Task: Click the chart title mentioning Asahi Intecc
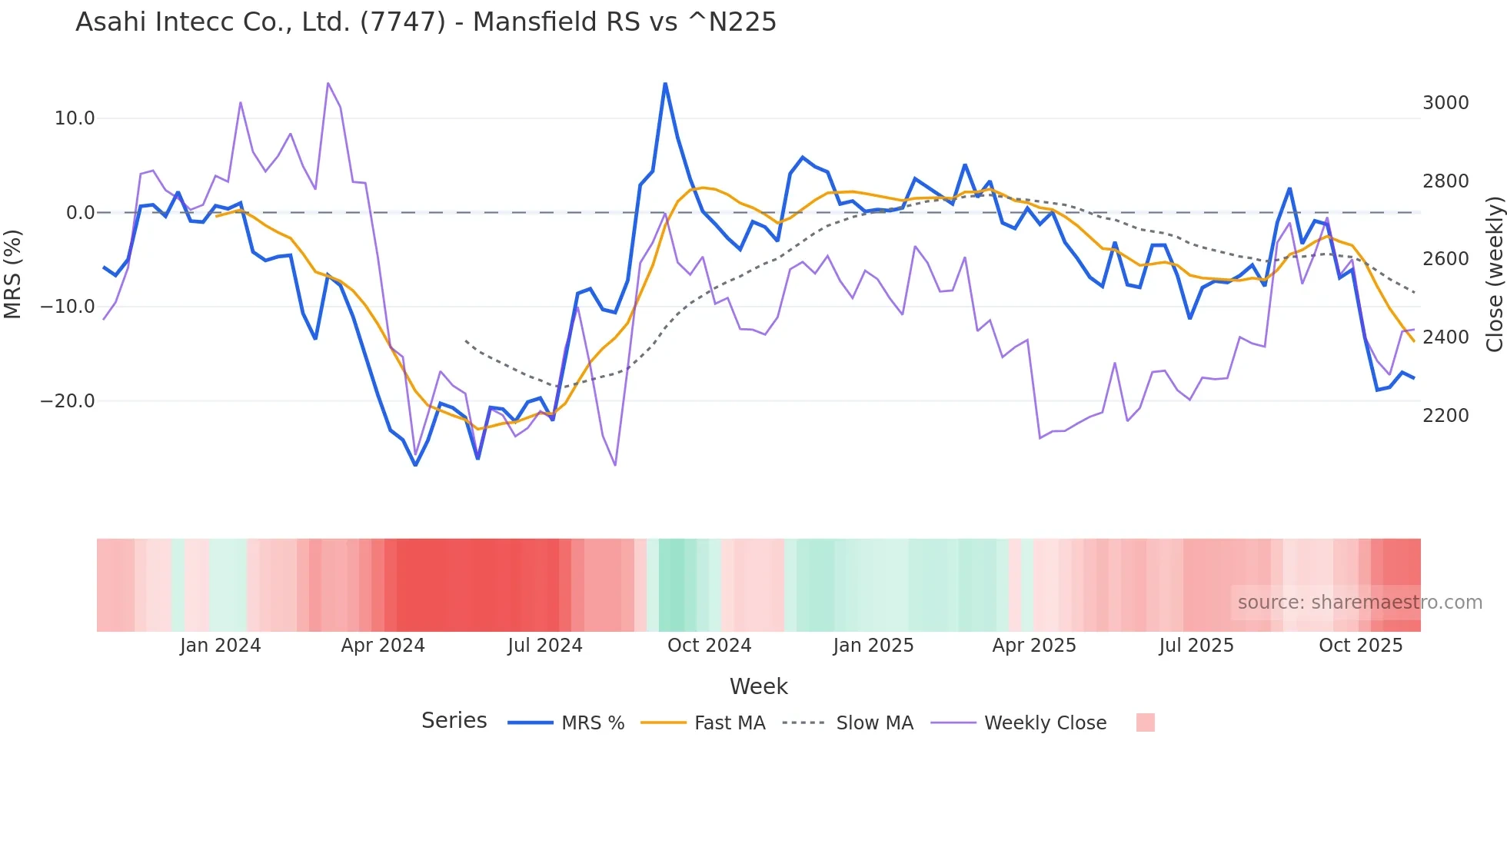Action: pyautogui.click(x=425, y=22)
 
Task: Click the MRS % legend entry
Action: pyautogui.click(x=592, y=723)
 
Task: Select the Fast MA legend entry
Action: pyautogui.click(x=729, y=723)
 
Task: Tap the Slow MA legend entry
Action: pyautogui.click(x=874, y=723)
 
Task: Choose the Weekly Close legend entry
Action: pyautogui.click(x=1045, y=723)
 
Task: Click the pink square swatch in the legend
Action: pyautogui.click(x=1145, y=722)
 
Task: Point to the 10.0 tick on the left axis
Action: pyautogui.click(x=75, y=118)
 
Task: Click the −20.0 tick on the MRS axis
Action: pyautogui.click(x=68, y=401)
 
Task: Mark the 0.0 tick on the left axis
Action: pyautogui.click(x=80, y=213)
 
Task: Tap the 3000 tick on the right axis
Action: pyautogui.click(x=1445, y=103)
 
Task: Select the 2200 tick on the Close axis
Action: pyautogui.click(x=1445, y=416)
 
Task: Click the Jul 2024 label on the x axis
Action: pyautogui.click(x=544, y=646)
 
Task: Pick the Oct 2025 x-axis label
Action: pyautogui.click(x=1360, y=646)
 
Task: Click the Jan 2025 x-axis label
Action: pyautogui.click(x=873, y=646)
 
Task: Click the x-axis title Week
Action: pyautogui.click(x=758, y=686)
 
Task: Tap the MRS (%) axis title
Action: pyautogui.click(x=13, y=274)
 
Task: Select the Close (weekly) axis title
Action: pyautogui.click(x=1494, y=274)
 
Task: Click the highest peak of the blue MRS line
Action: pyautogui.click(x=665, y=84)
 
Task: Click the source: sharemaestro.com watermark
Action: pyautogui.click(x=1359, y=603)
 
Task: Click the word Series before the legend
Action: pyautogui.click(x=454, y=721)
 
